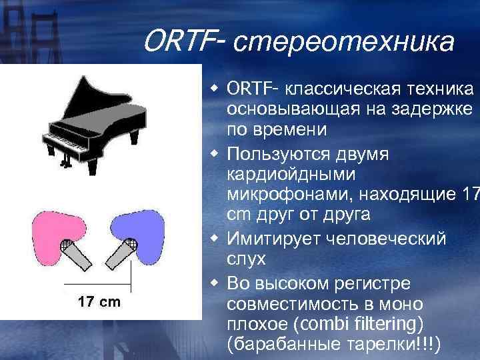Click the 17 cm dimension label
[x=99, y=302]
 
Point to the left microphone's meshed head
[x=67, y=246]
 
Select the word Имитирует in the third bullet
[x=273, y=238]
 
